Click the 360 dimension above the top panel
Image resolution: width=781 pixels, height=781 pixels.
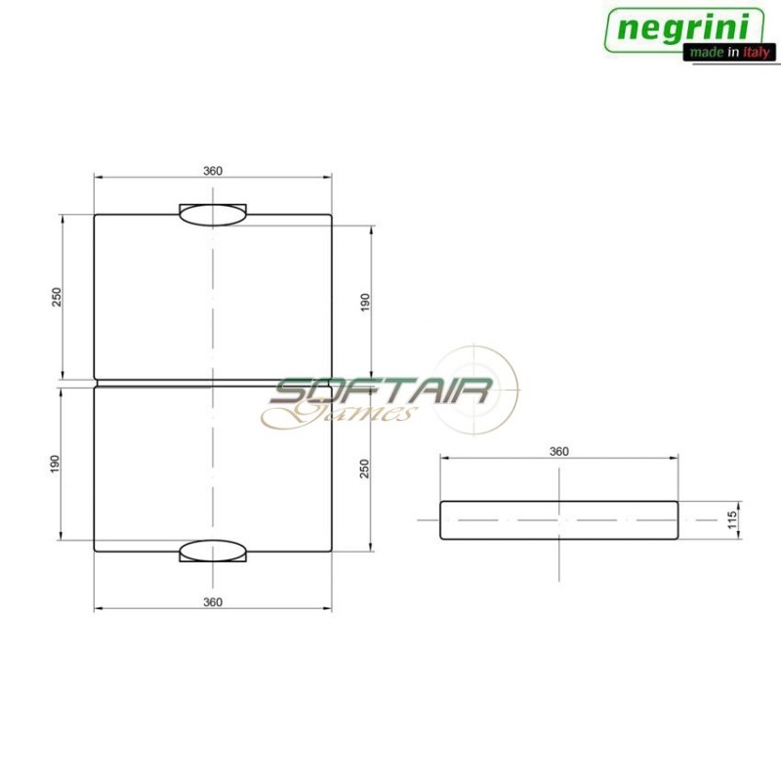(213, 171)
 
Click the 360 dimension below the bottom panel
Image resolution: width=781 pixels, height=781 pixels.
(213, 601)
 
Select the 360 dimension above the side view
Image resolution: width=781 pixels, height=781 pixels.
(558, 451)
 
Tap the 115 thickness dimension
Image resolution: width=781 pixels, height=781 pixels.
(732, 519)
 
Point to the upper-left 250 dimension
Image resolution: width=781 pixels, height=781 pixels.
(57, 296)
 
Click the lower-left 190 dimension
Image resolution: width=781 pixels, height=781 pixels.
(57, 463)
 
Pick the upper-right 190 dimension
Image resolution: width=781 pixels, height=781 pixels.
(366, 303)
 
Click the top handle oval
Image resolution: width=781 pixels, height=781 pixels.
(213, 215)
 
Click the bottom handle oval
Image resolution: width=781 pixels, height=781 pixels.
(213, 551)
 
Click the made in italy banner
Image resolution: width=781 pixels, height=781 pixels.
(728, 53)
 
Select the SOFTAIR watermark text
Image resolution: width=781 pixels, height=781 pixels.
(381, 392)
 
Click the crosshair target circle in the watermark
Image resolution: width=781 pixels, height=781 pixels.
(475, 388)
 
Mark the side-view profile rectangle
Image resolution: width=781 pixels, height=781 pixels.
(558, 520)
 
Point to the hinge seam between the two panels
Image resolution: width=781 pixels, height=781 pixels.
(213, 383)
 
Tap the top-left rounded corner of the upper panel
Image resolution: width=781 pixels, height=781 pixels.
(96, 216)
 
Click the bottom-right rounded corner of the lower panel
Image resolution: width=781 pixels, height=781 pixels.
(330, 550)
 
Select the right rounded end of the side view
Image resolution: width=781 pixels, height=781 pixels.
(676, 520)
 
